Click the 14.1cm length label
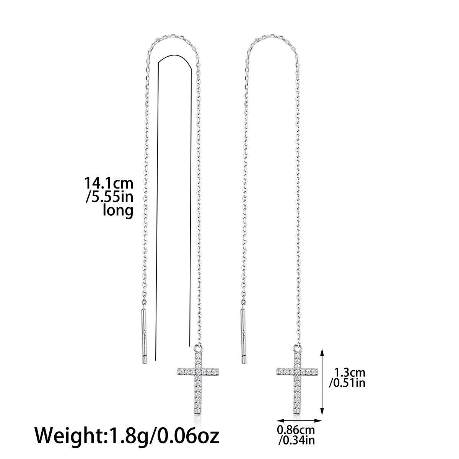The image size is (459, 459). click(109, 184)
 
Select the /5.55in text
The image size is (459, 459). click(109, 197)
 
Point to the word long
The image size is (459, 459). click(118, 210)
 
